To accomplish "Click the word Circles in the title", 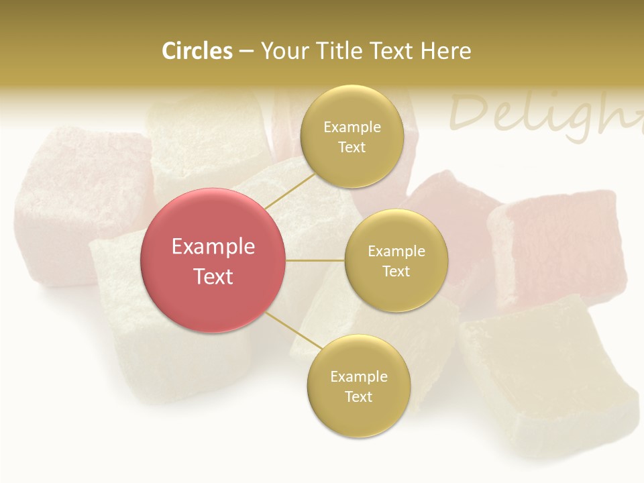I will tap(197, 51).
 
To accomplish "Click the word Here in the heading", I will tap(445, 51).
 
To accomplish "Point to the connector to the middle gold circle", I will tap(315, 260).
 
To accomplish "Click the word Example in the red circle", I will tap(213, 247).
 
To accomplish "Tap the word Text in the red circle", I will tap(213, 276).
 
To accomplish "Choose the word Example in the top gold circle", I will tap(352, 127).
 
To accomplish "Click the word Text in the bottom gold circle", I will tap(358, 396).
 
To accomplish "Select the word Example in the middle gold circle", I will tap(396, 251).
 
